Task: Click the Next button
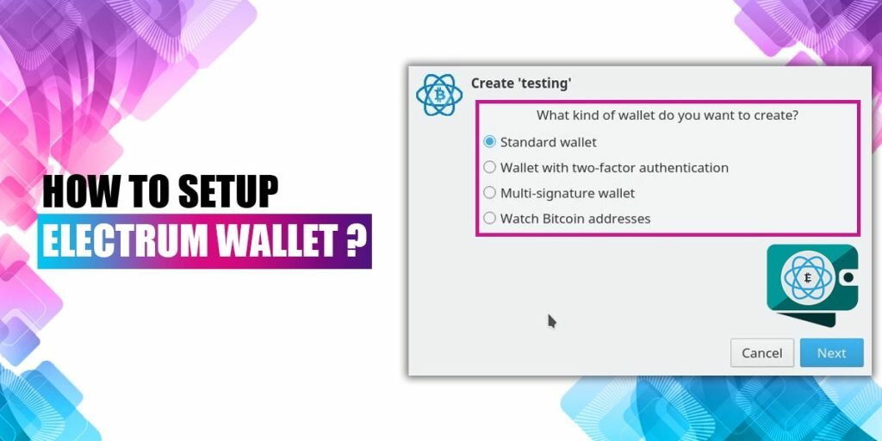831,352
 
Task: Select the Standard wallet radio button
490,142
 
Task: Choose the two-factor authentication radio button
490,167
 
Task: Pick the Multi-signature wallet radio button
490,192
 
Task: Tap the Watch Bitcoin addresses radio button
490,218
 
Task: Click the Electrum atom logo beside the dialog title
438,94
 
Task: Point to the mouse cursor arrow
552,321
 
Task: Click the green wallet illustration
812,284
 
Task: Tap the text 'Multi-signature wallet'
568,193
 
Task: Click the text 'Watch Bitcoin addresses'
575,218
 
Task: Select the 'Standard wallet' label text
549,142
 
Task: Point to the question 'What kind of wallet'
668,115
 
